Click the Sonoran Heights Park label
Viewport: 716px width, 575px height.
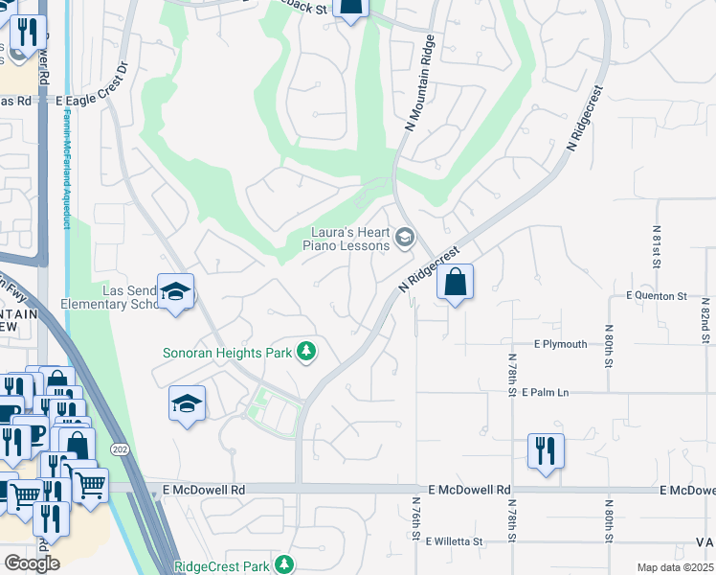coord(225,353)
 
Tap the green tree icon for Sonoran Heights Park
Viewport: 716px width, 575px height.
coord(306,353)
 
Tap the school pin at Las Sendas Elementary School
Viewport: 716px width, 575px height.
coord(176,293)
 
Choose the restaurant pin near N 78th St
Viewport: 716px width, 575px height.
coord(546,452)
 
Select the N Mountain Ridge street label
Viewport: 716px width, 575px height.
coord(420,82)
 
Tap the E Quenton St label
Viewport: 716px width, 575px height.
coord(657,296)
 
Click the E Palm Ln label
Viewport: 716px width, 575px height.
coord(559,392)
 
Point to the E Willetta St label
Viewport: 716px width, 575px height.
coord(467,540)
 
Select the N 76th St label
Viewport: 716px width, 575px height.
coord(416,517)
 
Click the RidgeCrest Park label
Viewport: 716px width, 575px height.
coord(222,566)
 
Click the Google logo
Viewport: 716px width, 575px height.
coord(32,563)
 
